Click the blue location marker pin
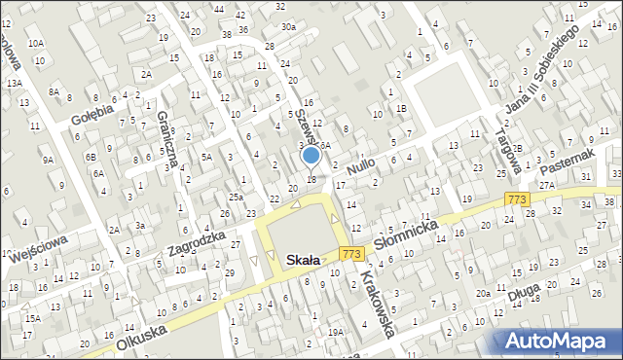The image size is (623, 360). (311, 155)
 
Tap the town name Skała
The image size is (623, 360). (313, 260)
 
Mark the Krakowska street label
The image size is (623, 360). (376, 304)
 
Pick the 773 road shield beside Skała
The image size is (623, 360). (351, 253)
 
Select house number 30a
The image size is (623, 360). (288, 27)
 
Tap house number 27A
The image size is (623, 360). (547, 184)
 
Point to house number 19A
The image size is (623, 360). (335, 332)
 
